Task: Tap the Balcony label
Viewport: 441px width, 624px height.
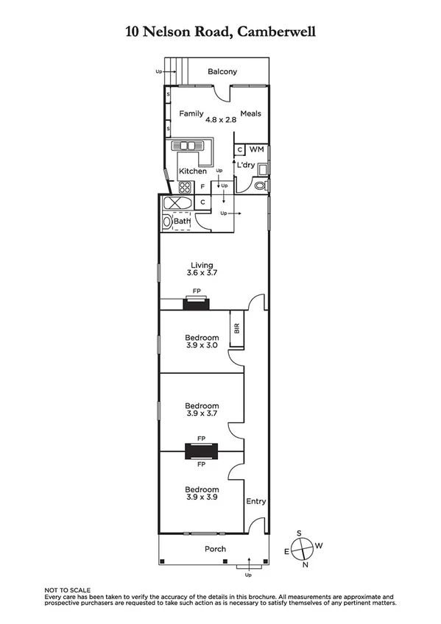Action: pyautogui.click(x=222, y=71)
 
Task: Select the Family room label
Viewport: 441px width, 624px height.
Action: pyautogui.click(x=191, y=113)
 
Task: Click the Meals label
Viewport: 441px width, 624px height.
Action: pyautogui.click(x=250, y=113)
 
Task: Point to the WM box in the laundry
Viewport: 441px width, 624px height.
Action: pyautogui.click(x=255, y=149)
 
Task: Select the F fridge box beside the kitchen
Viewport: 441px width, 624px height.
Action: pyautogui.click(x=203, y=187)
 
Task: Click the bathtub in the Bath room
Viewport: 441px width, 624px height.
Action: pyautogui.click(x=176, y=203)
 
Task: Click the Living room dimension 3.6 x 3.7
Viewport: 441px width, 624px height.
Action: pyautogui.click(x=202, y=273)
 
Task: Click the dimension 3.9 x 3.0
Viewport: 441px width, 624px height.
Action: pyautogui.click(x=202, y=345)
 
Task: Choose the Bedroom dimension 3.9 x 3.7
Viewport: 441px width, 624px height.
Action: pyautogui.click(x=202, y=414)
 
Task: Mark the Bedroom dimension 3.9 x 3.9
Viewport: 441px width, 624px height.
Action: pyautogui.click(x=202, y=498)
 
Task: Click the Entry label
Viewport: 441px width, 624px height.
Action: pyautogui.click(x=255, y=501)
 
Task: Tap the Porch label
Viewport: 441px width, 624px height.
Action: pyautogui.click(x=216, y=549)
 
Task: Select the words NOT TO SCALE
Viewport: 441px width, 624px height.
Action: pyautogui.click(x=67, y=590)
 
